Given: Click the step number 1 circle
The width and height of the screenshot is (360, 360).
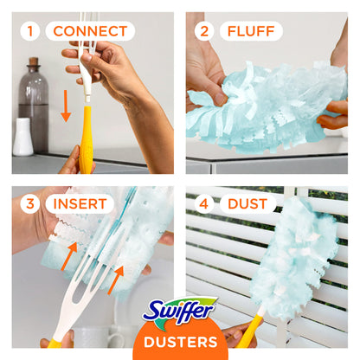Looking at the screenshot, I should pyautogui.click(x=31, y=32).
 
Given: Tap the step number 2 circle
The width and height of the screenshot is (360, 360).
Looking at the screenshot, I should pyautogui.click(x=204, y=32).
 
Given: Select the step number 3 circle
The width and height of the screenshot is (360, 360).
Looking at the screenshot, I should pyautogui.click(x=31, y=204).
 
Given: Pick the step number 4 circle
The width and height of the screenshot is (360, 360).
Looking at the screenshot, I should pyautogui.click(x=204, y=205).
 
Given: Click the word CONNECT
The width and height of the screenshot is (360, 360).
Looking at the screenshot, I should pyautogui.click(x=90, y=32).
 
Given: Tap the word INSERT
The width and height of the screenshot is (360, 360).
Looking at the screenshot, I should pyautogui.click(x=79, y=204).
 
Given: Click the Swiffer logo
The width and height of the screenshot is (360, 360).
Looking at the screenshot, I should pyautogui.click(x=180, y=310).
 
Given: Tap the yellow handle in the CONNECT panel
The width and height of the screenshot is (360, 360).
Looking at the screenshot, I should pyautogui.click(x=86, y=138).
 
